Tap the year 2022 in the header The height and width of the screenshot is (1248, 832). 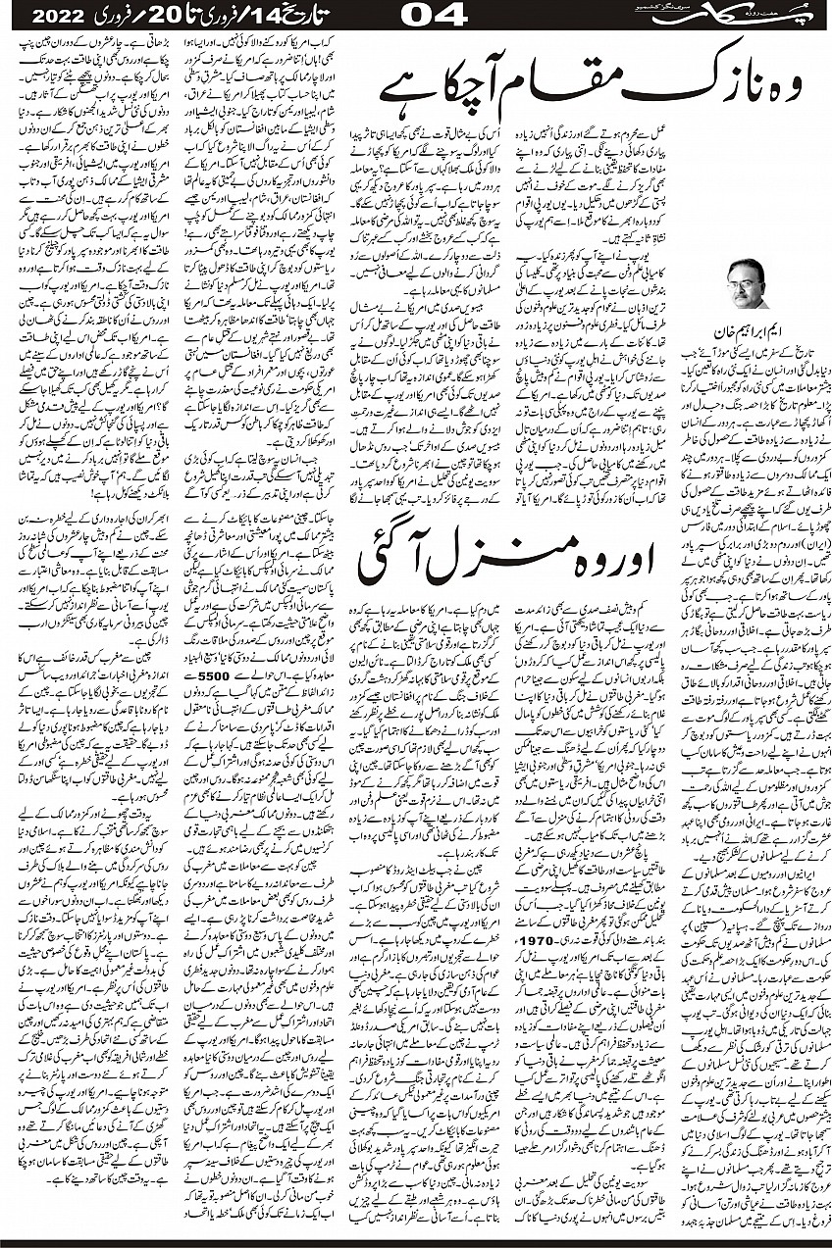pos(57,19)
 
